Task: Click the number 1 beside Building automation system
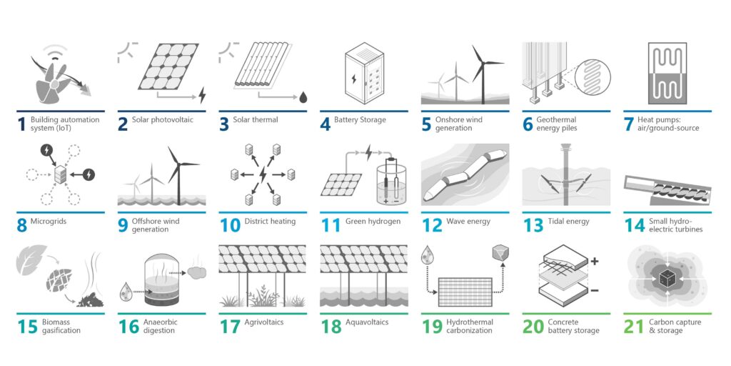coord(21,124)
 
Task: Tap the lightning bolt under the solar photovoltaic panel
coord(202,95)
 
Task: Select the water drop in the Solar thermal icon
coord(303,97)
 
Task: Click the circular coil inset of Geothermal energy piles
coord(593,74)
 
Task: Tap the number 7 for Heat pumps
coord(628,124)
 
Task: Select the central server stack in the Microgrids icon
coord(60,174)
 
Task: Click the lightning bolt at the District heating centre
coord(263,174)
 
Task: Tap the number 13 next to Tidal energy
coord(533,225)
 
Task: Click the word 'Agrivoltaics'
coord(263,322)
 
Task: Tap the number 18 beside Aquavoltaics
coord(331,326)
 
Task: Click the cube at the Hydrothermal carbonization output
coord(500,252)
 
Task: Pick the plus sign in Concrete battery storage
coord(595,261)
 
